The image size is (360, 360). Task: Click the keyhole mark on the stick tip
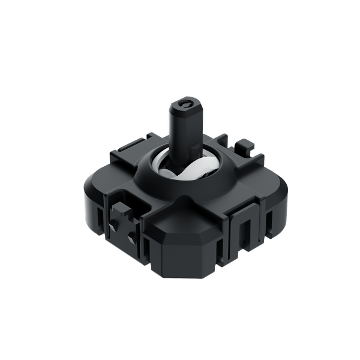[x=188, y=106]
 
